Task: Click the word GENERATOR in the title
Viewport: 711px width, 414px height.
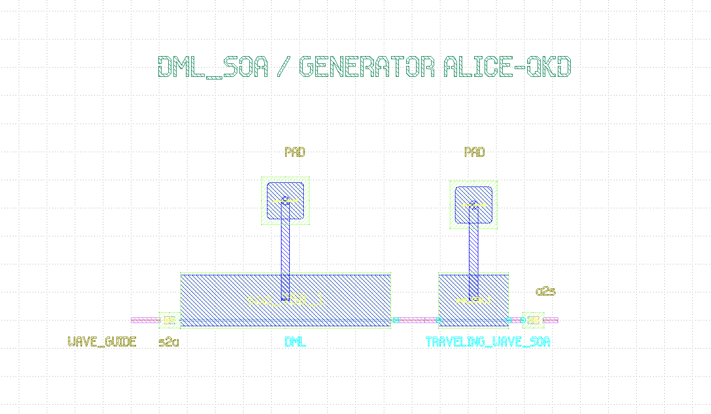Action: pos(367,67)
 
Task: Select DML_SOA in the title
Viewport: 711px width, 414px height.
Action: pos(213,67)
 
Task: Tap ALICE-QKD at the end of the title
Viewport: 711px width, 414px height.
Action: pos(507,67)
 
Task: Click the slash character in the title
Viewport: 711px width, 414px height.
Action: pos(284,67)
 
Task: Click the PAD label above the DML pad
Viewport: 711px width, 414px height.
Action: pos(295,152)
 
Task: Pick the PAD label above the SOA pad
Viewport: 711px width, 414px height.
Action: pos(475,152)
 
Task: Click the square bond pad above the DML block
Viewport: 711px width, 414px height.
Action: pos(285,201)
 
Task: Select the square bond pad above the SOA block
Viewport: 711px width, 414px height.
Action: pos(474,205)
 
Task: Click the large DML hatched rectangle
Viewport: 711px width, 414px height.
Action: pos(234,296)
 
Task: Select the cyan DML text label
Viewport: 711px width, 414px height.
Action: pos(296,342)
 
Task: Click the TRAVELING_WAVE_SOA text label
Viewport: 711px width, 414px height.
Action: pos(488,342)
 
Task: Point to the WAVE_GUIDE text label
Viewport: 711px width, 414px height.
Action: pos(102,342)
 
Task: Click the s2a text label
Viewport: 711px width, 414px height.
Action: pos(169,342)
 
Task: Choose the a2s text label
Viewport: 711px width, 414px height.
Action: pos(545,292)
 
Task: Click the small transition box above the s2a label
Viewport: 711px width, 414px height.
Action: pos(169,320)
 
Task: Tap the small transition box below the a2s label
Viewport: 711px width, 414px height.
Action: pos(533,320)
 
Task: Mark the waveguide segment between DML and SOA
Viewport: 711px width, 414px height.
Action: pos(415,320)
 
